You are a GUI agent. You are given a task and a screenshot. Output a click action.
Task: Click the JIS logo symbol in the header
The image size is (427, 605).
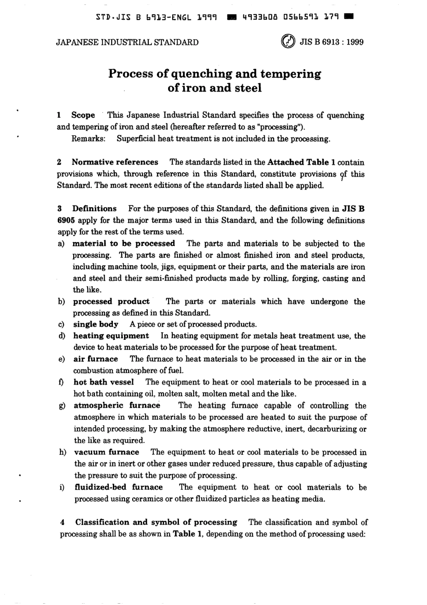coord(288,42)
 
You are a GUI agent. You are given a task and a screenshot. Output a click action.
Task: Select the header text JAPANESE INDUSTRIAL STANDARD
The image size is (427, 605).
coord(127,42)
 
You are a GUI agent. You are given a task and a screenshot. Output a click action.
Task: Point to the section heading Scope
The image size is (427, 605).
coord(83,115)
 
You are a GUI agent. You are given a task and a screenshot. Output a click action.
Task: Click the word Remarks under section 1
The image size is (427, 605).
coord(89,138)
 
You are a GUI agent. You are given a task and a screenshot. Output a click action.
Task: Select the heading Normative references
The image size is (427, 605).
coord(115,162)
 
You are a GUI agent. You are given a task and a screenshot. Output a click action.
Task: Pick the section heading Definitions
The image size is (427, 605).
coord(94,209)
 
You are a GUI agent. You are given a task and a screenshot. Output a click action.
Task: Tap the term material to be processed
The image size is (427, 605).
coord(124,244)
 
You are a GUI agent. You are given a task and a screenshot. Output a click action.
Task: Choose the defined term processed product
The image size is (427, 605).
coord(111,302)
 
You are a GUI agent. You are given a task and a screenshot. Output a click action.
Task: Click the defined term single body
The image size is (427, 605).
coord(96,325)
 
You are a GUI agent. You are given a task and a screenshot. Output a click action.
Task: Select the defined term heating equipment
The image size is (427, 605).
coord(111,336)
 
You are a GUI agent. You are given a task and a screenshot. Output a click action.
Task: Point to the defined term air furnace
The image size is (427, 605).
coord(96,359)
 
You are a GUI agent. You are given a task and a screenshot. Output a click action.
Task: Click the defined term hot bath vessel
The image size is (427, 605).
coord(104,383)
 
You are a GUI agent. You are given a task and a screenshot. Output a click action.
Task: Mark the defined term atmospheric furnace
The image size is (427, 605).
coord(117,405)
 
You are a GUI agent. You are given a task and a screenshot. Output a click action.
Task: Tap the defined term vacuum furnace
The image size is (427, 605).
coord(107,452)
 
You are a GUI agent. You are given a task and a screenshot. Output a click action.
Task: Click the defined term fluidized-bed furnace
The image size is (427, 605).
coord(119,487)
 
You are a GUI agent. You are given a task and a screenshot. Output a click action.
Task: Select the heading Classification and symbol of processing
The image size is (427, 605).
coord(156,522)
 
